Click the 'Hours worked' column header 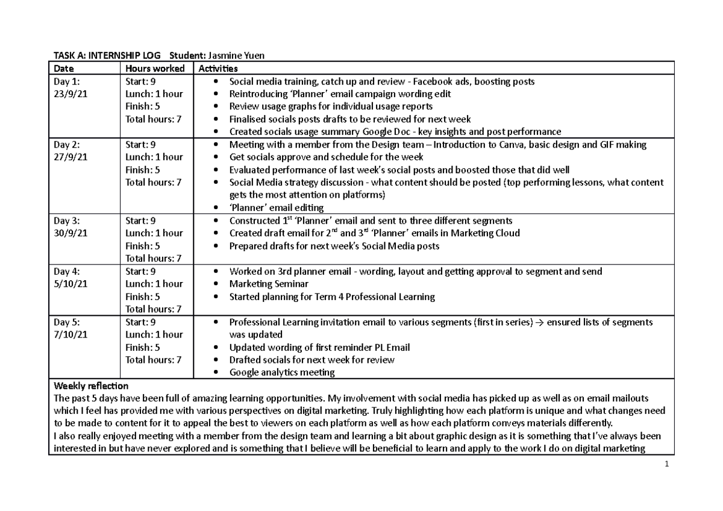point(154,69)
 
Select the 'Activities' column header point(218,69)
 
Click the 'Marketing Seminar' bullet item point(269,284)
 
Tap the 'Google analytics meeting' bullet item point(281,372)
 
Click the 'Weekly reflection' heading point(91,386)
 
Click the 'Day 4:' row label point(67,271)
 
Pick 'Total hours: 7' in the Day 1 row point(153,119)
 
